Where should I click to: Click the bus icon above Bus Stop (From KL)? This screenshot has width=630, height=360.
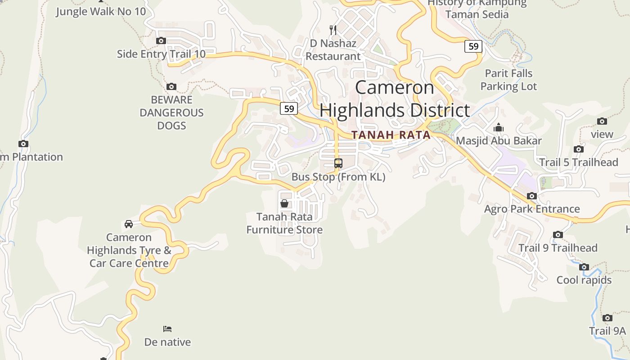tap(338, 163)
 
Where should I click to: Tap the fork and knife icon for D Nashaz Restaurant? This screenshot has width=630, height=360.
tap(333, 30)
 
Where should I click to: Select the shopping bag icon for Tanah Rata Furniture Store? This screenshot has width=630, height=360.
tap(284, 203)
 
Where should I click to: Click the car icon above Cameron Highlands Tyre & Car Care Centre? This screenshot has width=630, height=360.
tap(129, 224)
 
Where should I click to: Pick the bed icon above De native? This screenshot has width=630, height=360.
tap(167, 329)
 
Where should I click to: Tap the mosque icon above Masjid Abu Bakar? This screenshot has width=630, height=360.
tap(498, 128)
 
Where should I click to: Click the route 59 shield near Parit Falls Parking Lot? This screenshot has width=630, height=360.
tap(473, 46)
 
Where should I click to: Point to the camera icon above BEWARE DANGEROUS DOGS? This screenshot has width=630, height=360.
tap(171, 86)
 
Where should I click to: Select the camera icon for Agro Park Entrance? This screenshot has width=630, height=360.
tap(532, 196)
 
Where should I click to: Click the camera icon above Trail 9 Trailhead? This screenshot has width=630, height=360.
tap(558, 234)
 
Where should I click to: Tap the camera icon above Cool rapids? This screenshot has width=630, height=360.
tap(584, 267)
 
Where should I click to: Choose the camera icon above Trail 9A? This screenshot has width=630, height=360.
tap(607, 318)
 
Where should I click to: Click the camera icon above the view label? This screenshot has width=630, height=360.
tap(602, 121)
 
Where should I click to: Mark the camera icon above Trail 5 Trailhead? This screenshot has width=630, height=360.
tap(579, 149)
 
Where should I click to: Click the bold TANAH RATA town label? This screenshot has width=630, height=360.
tap(391, 135)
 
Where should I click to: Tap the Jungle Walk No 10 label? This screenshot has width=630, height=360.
tap(101, 11)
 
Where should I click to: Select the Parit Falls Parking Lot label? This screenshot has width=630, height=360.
tap(508, 80)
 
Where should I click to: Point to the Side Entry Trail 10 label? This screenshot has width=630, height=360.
tap(161, 54)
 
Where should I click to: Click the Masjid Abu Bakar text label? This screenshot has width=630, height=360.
tap(499, 141)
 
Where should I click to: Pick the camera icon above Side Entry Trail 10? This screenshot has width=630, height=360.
tap(161, 41)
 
